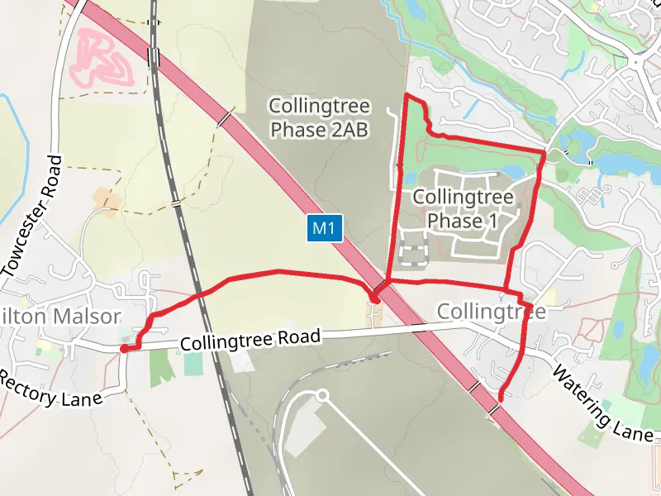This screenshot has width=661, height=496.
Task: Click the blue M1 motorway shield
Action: pos(326,229)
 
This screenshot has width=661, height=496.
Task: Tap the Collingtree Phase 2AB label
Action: pos(319,118)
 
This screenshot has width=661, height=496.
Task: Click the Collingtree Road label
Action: pos(249,340)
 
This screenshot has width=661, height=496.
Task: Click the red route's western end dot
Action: pos(124,349)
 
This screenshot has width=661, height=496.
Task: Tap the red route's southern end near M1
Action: pos(501,398)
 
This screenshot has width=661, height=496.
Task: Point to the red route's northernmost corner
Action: pos(405,97)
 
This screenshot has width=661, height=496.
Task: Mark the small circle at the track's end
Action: pos(322,396)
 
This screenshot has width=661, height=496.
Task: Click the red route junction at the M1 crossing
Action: pos(374,295)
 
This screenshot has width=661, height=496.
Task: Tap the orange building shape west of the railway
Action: pos(106,198)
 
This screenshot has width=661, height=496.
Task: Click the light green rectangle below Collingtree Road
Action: pos(193,365)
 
